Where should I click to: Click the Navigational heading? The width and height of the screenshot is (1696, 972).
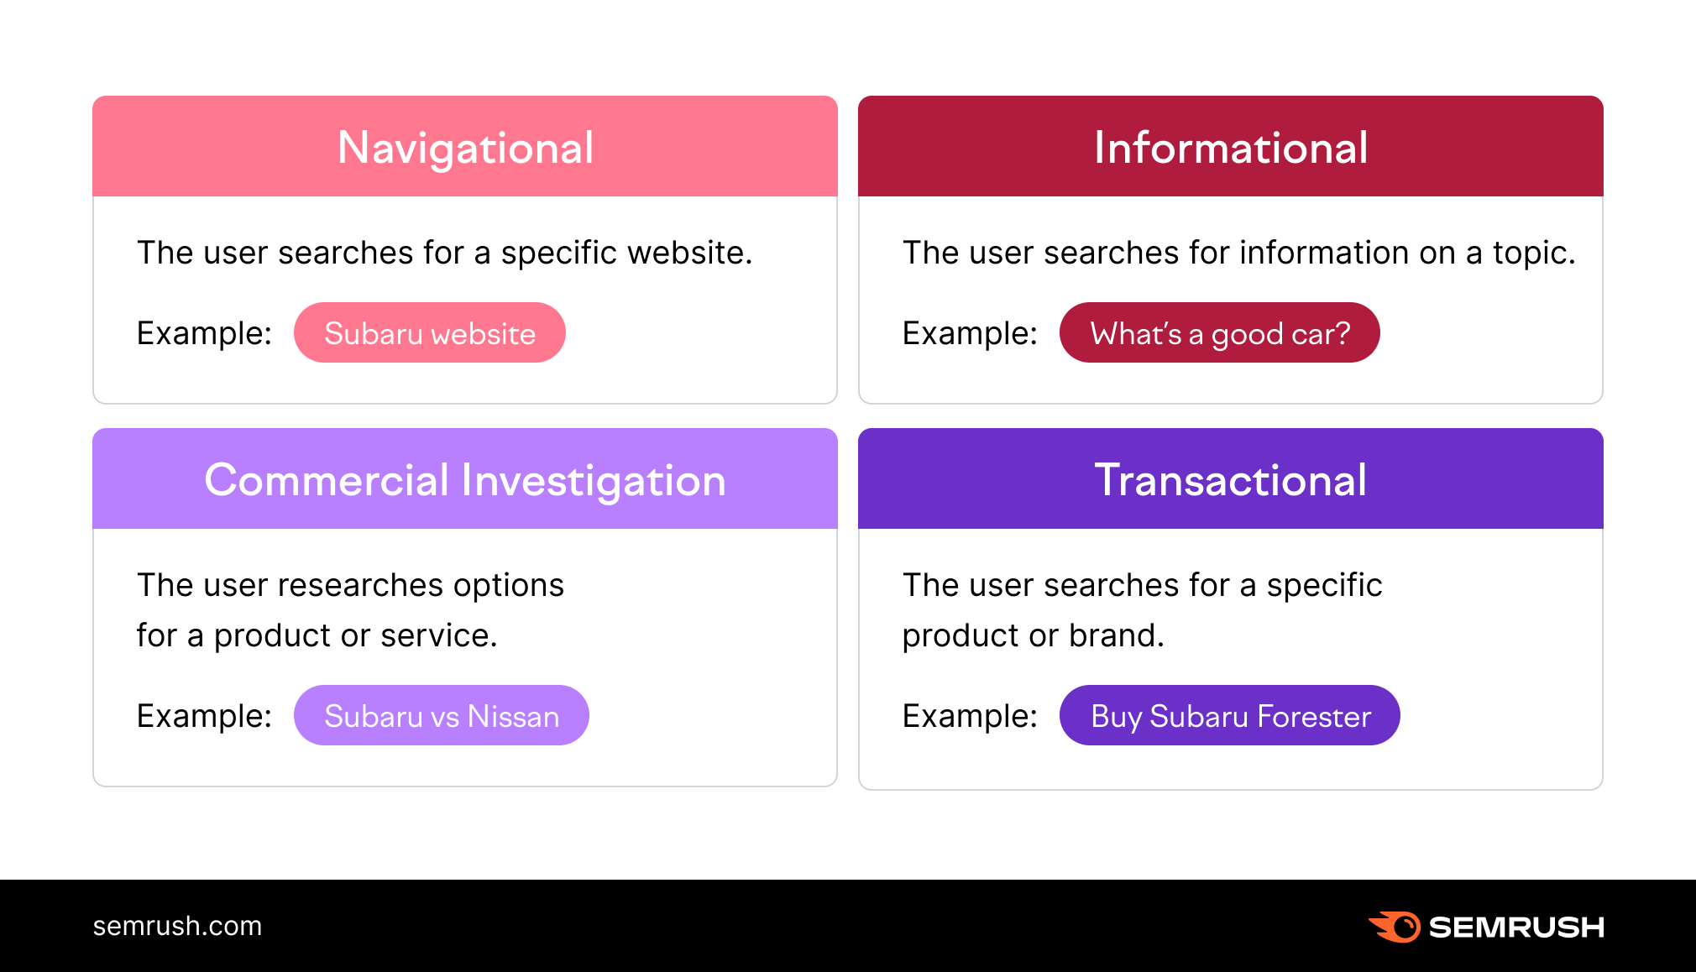[465, 148]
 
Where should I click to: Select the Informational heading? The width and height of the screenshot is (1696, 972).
[1230, 148]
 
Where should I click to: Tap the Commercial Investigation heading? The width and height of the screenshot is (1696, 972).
[465, 480]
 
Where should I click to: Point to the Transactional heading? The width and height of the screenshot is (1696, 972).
[1230, 480]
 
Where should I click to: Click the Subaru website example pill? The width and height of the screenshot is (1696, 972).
[430, 333]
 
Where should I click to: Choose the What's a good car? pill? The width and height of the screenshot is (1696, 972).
[1219, 333]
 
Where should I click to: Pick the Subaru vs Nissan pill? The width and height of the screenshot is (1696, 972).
[442, 716]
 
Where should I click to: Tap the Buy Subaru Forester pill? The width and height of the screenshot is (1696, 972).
[1230, 716]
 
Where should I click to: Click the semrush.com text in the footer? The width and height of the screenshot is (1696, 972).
[177, 926]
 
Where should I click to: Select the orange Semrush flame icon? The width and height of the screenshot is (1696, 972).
[1395, 927]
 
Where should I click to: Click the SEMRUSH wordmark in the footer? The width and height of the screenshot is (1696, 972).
[1516, 927]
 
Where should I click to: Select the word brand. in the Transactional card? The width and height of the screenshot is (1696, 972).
[1117, 635]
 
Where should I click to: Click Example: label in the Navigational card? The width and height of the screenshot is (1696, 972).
[204, 333]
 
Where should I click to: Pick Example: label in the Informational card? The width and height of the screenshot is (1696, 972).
[970, 333]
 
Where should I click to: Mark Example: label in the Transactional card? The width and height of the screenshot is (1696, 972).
[970, 716]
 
